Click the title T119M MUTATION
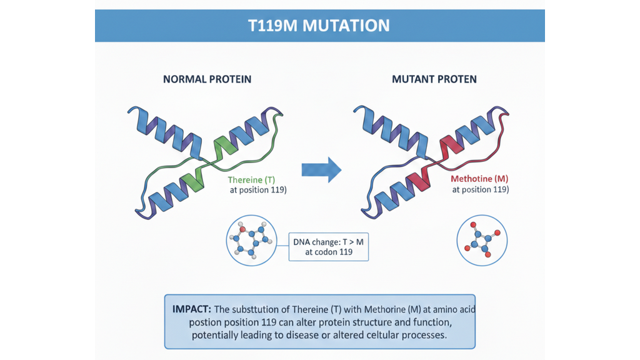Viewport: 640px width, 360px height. (319, 25)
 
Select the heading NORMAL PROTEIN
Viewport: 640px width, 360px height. (207, 79)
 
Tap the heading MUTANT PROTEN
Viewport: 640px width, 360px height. (434, 79)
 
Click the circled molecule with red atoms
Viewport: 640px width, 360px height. (482, 240)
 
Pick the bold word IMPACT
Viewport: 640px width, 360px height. (191, 309)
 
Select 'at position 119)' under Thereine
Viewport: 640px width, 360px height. (257, 189)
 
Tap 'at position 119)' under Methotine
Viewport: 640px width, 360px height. (480, 189)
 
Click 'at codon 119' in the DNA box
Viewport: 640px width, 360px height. (328, 252)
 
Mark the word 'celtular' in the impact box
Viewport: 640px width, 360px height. (381, 334)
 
